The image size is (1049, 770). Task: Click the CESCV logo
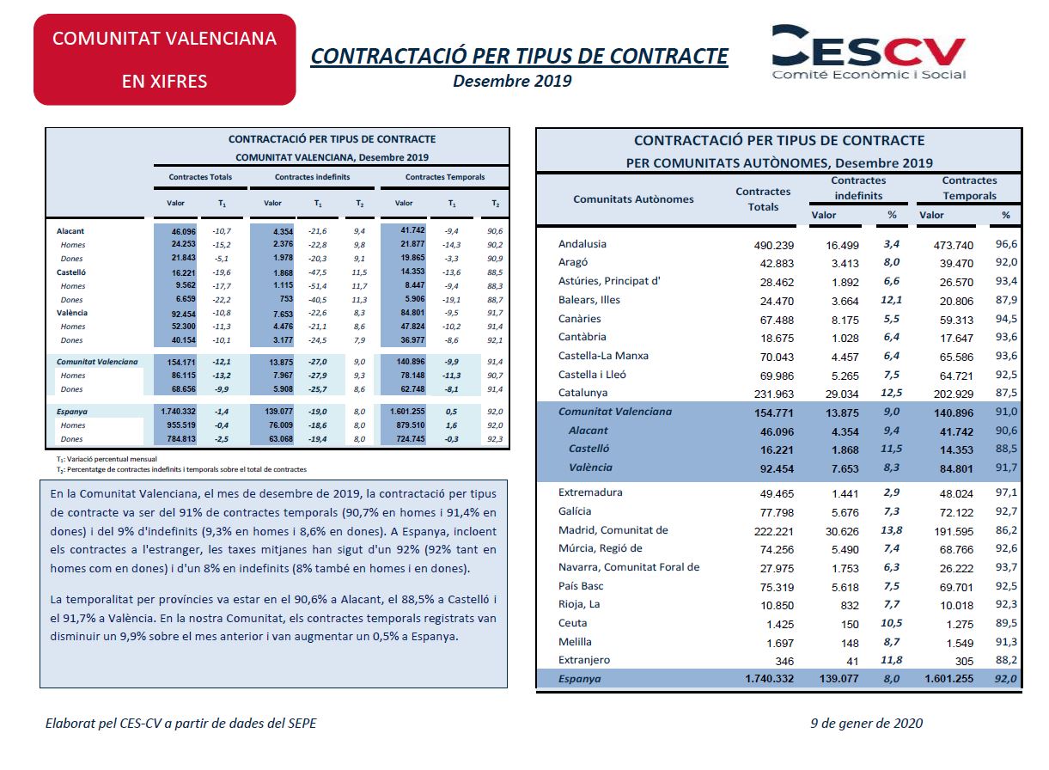tap(869, 52)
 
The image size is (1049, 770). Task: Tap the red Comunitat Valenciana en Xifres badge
tap(164, 59)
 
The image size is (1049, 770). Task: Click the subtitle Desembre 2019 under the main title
tap(512, 81)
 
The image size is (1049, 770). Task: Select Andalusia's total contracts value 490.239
tap(773, 246)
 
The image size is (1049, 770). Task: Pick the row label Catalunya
tap(582, 393)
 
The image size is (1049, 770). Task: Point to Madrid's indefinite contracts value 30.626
tap(842, 531)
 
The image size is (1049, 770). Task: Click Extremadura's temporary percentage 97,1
tap(1006, 492)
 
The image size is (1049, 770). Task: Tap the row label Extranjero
tap(584, 660)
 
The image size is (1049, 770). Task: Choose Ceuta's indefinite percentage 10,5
tap(891, 623)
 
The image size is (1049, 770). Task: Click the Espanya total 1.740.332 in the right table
tap(770, 679)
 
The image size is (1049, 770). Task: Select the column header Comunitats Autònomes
tap(633, 199)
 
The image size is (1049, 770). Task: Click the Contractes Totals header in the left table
tap(200, 177)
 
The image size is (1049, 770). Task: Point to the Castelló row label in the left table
tap(71, 272)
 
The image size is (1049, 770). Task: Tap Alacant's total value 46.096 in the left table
tap(184, 231)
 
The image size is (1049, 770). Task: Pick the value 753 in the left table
tap(286, 299)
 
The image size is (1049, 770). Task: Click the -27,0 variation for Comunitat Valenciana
tap(318, 362)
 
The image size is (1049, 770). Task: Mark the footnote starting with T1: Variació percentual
tap(107, 459)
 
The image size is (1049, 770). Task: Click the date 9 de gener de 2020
tap(866, 723)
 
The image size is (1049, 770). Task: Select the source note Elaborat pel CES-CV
tap(180, 724)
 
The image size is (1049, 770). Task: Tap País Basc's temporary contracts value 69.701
tap(956, 587)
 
